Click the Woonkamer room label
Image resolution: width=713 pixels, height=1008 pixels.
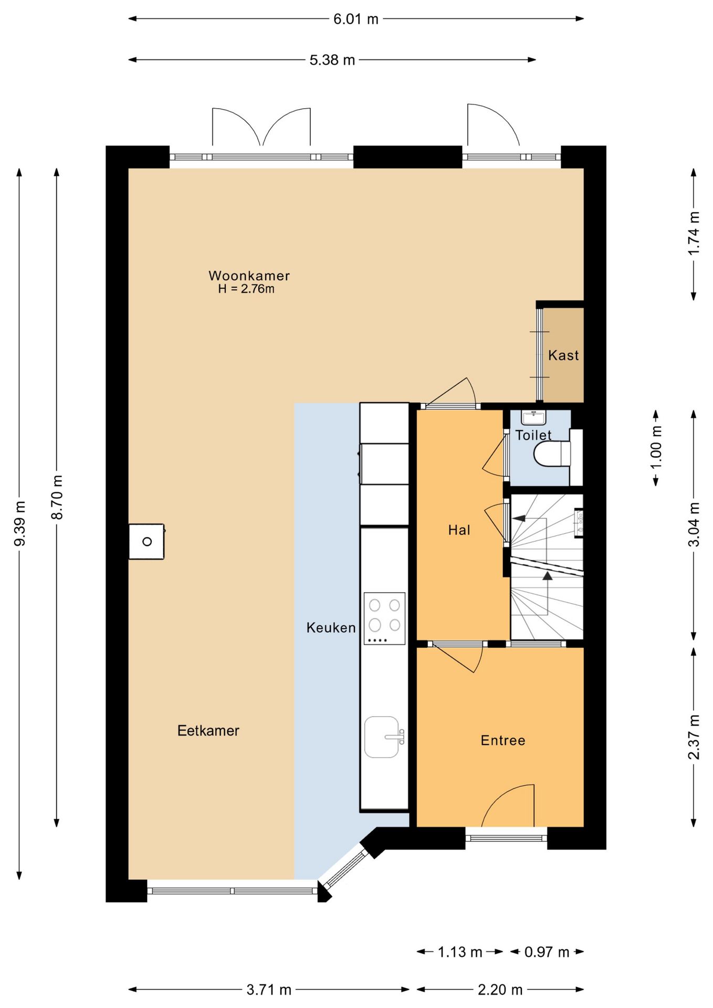point(249,276)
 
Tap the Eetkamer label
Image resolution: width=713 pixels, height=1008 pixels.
point(208,731)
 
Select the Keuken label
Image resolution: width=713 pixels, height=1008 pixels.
point(331,628)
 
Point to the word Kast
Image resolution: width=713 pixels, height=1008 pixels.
point(563,355)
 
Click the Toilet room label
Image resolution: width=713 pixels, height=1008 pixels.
point(533,435)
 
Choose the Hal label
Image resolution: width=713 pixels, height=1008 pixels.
point(459,530)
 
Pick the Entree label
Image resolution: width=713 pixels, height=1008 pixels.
point(503,741)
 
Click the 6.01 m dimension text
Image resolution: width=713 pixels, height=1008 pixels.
point(356,19)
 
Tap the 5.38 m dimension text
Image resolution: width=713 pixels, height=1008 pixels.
point(332,60)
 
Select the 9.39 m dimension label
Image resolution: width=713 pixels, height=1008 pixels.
point(20,523)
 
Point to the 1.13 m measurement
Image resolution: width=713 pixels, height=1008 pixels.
point(460,952)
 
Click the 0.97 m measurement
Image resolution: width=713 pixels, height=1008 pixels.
point(547,952)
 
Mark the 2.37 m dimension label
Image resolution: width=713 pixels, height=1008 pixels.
point(694,737)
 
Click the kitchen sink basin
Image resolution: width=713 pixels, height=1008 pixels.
point(382,737)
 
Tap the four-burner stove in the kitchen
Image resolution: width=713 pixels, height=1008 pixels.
point(385,618)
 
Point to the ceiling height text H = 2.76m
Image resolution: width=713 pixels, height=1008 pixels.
point(246,289)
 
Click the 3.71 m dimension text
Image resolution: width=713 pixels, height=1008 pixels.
point(269,990)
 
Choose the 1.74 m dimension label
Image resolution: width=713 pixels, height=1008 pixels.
point(694,234)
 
